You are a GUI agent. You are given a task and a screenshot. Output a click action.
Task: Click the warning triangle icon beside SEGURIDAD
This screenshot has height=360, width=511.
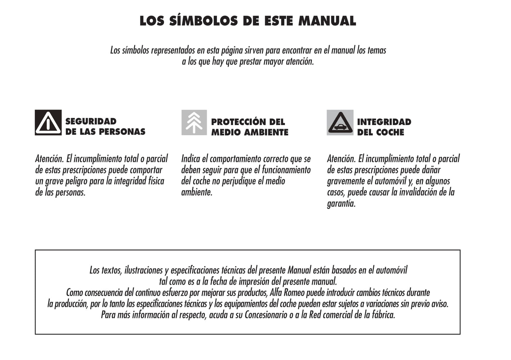(48, 123)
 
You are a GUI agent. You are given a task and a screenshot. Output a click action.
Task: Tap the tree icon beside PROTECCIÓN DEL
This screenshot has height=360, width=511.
(194, 122)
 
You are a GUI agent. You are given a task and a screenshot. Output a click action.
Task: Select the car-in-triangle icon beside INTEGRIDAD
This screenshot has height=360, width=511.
(340, 123)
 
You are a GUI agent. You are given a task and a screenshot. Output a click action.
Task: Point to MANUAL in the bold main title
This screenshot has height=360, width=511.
(327, 21)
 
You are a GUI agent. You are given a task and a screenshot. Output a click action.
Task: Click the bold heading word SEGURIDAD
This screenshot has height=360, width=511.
(91, 122)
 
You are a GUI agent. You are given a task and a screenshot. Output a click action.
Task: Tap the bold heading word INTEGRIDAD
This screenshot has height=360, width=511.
(384, 122)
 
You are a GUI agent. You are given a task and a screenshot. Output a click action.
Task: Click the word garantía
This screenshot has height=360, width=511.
(341, 204)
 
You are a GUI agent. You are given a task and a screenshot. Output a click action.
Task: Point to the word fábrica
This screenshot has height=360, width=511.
(383, 315)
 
